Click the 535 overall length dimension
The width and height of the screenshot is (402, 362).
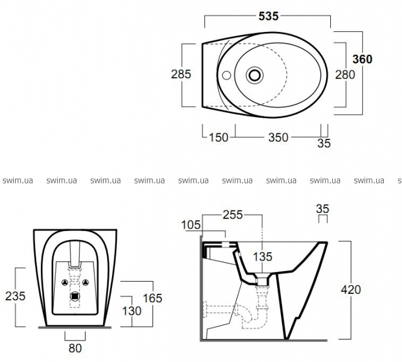tap(268, 16)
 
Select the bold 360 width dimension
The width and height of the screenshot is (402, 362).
tap(362, 59)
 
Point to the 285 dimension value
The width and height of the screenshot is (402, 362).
tap(181, 74)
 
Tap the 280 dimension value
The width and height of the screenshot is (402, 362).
tap(345, 75)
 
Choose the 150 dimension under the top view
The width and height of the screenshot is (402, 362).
tap(219, 138)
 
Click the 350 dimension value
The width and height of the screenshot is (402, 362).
tap(278, 138)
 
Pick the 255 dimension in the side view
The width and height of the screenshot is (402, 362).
tap(233, 215)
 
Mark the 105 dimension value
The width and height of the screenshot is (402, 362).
tap(190, 225)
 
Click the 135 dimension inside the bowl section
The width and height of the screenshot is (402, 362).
tap(262, 256)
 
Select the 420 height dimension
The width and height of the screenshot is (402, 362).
tap(351, 290)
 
